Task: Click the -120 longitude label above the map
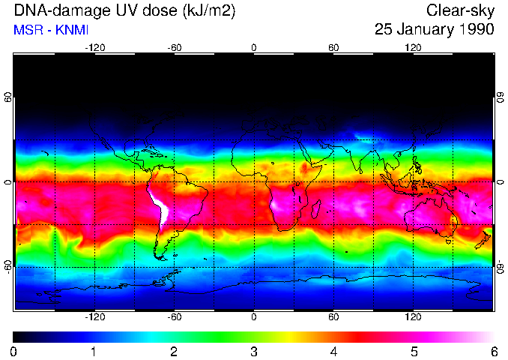[x=94, y=48]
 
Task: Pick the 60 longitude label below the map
[x=333, y=317]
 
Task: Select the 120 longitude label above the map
[x=413, y=48]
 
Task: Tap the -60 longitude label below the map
[x=175, y=317]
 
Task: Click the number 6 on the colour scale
[x=494, y=351]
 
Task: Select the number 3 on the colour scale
[x=253, y=351]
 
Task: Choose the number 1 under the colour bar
[x=94, y=351]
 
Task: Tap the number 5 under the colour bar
[x=414, y=351]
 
